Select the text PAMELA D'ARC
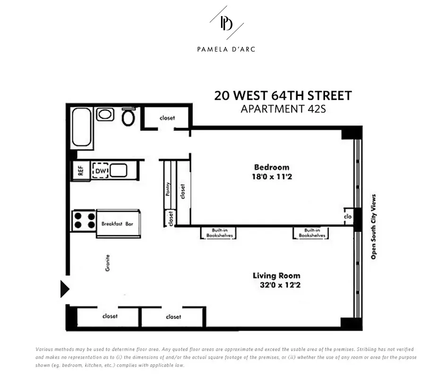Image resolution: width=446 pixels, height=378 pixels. pos(226,49)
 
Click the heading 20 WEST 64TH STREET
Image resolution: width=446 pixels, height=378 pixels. pos(283,95)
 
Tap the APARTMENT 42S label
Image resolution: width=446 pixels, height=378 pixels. pos(283,109)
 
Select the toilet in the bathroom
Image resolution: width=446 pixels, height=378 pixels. pos(128,117)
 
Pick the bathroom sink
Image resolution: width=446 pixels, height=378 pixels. pos(105,114)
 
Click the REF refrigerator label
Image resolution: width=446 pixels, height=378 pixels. pos(80,171)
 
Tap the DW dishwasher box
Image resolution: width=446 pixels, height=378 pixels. pos(100,171)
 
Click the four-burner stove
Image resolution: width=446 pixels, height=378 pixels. pos(84,221)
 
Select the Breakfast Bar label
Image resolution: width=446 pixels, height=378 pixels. pos(118,224)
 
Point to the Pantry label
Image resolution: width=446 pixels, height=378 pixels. pos(168,189)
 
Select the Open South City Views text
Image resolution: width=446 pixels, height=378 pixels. pos(373,227)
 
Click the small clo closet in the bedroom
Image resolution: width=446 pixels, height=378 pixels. pos(348,216)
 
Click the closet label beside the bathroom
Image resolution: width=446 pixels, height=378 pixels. pos(167,118)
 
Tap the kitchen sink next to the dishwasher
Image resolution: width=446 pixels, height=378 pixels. pos(118,171)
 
